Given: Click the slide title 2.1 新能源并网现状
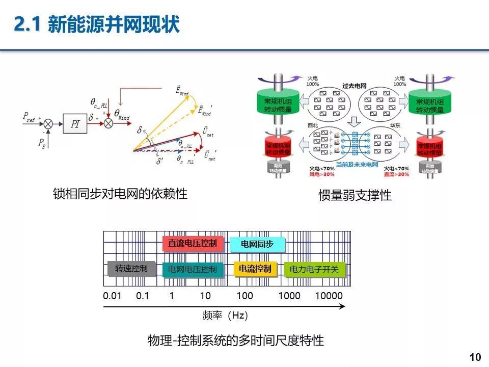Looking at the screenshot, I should pos(97,24).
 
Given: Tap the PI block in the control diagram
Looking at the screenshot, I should pos(75,124).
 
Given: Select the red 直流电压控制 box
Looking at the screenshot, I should pos(193,243).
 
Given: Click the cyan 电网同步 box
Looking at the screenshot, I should pos(257,244).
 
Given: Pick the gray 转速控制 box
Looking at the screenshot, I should pos(131,268).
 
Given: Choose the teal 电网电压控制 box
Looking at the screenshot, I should pos(193,269).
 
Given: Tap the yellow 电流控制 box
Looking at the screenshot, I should pos(255,268).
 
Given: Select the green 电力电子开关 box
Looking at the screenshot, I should pos(314,269).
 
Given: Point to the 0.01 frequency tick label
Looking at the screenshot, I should pos(112,296).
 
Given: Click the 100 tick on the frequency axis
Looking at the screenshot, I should pos(244,296).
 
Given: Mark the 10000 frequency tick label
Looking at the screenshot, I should pos(329,296).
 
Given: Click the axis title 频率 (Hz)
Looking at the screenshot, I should pos(225,316).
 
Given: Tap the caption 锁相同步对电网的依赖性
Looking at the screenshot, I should pos(120,194).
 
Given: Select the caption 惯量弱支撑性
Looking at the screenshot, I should pos(355,195).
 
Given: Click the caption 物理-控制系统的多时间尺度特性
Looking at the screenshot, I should pos(235,340).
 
